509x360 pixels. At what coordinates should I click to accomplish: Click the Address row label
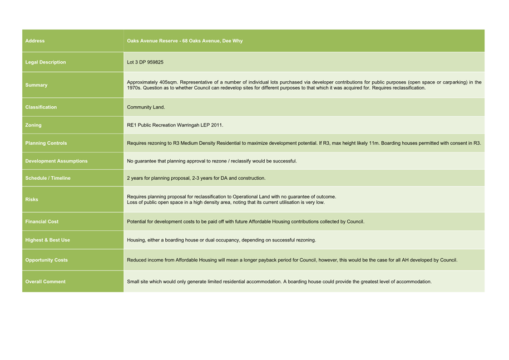[x=35, y=41]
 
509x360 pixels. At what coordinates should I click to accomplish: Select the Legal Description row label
[x=46, y=62]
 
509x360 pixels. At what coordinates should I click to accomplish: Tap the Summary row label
[x=36, y=85]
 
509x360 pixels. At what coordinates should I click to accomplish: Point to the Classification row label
[x=41, y=107]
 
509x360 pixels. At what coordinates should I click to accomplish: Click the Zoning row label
[x=33, y=125]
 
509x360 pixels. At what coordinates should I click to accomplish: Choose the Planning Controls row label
[x=46, y=143]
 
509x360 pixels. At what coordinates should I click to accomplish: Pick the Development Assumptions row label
[x=56, y=161]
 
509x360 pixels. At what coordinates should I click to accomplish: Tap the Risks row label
[x=32, y=199]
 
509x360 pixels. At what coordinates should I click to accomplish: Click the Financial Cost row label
[x=42, y=221]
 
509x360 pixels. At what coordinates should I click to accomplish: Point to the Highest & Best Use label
[x=48, y=240]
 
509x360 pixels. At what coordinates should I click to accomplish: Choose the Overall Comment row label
[x=46, y=282]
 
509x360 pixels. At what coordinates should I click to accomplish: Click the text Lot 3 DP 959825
[x=145, y=62]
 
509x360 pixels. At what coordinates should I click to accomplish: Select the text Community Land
[x=146, y=107]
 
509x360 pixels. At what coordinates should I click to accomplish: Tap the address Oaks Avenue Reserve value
[x=185, y=41]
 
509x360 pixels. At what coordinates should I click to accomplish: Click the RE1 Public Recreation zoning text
[x=175, y=125]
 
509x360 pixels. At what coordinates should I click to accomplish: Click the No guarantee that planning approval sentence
[x=211, y=161]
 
